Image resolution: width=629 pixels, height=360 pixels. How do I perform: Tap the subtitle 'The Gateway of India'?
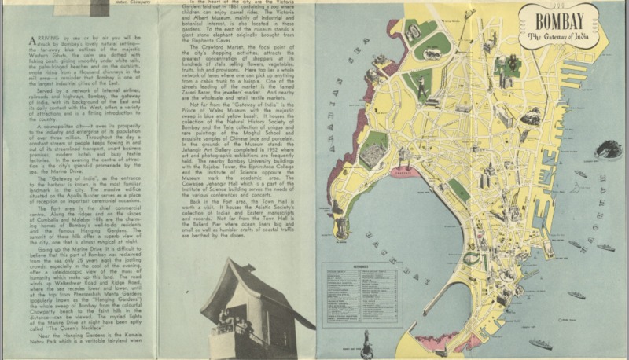point(557,36)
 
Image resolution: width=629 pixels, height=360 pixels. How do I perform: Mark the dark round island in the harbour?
point(608,149)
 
